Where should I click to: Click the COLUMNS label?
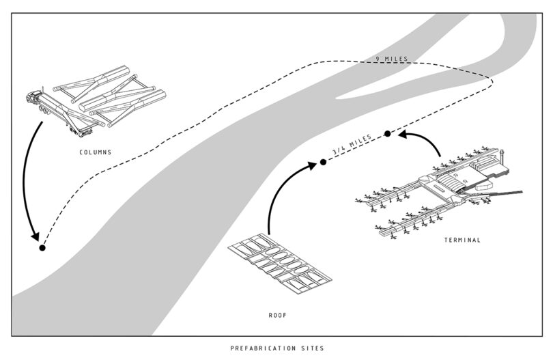pos(96,152)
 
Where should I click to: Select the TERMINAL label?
pos(462,240)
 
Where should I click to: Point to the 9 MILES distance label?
pos(391,59)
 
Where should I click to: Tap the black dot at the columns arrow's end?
pos(42,248)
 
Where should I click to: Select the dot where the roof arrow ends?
pos(323,163)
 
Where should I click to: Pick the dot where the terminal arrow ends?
pos(387,134)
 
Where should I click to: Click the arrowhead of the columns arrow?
pos(34,235)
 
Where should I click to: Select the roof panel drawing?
pos(279,266)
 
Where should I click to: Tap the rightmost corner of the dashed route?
pos(494,81)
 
